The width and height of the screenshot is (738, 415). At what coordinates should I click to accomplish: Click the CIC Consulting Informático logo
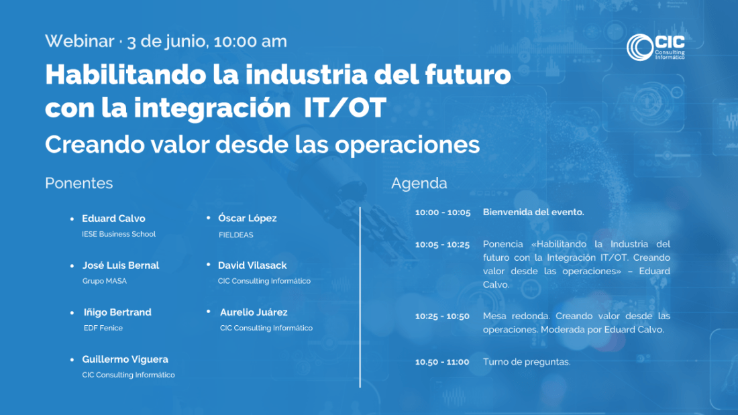click(655, 47)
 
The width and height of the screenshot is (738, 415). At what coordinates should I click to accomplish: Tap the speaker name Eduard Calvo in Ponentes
click(113, 219)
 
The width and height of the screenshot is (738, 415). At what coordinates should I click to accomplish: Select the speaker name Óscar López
click(247, 219)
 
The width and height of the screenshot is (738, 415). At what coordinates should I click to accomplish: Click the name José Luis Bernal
click(121, 265)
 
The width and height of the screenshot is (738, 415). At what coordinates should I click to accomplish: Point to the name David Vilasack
click(252, 265)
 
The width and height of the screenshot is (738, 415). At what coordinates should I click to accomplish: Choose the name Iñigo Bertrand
click(117, 312)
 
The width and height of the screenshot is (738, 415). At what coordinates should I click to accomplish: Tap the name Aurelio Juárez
click(254, 312)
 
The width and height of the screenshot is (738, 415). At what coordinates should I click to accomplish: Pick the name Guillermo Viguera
click(125, 359)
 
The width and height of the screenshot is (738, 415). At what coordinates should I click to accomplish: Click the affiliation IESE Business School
click(119, 234)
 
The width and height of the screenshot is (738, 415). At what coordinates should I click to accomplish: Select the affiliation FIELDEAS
click(235, 235)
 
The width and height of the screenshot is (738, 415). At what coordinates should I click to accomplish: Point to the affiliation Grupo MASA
click(105, 281)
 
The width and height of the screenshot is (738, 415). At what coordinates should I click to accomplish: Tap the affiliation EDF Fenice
click(103, 328)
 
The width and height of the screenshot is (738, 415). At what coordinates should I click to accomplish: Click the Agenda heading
click(419, 184)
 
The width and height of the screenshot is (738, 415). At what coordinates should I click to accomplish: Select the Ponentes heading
click(79, 183)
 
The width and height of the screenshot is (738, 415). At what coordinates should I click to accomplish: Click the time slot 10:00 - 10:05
click(443, 213)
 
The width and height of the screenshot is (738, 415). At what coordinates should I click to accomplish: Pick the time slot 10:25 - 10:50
click(442, 316)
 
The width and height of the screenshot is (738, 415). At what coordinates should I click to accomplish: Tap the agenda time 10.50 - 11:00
click(442, 362)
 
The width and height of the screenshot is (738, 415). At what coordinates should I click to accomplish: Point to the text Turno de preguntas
click(527, 362)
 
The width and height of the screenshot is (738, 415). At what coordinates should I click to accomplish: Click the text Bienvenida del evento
click(533, 213)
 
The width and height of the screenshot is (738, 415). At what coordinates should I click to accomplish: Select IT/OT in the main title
click(345, 108)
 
